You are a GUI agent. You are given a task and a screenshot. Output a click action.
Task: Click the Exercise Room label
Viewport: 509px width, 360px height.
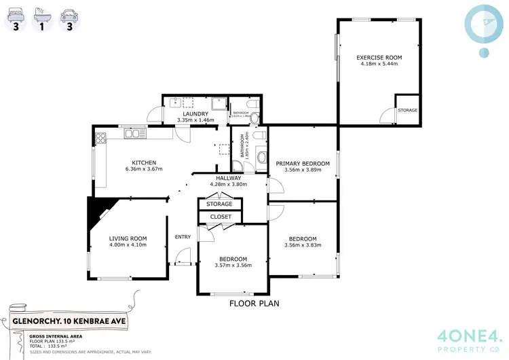click(x=379, y=57)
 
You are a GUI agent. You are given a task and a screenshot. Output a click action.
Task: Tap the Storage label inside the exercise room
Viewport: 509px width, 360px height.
click(x=407, y=110)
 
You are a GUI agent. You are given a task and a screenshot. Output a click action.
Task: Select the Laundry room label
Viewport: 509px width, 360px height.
click(x=195, y=114)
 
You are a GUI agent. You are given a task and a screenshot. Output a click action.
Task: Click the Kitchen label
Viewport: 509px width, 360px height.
click(x=144, y=163)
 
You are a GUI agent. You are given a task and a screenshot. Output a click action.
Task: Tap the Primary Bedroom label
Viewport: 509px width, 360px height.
click(x=302, y=164)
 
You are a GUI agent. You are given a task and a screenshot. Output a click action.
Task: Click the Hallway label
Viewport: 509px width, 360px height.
click(x=229, y=178)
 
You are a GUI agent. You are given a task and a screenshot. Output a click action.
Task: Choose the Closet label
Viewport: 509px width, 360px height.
click(x=221, y=217)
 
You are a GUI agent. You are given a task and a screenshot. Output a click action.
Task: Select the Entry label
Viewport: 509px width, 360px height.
click(x=183, y=237)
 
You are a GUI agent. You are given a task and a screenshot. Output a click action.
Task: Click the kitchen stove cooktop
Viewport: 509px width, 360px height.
click(x=101, y=139)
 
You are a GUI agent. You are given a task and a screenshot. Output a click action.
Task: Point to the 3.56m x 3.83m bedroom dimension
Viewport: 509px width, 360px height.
click(x=302, y=245)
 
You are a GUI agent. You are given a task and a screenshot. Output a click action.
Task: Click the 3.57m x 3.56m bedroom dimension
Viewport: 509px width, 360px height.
click(x=233, y=265)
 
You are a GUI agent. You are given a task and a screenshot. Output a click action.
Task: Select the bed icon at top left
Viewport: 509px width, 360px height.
click(x=15, y=14)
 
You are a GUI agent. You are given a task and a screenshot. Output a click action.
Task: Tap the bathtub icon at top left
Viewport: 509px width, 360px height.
click(x=41, y=14)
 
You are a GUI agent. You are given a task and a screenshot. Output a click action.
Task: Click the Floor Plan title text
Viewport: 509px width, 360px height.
click(x=254, y=304)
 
